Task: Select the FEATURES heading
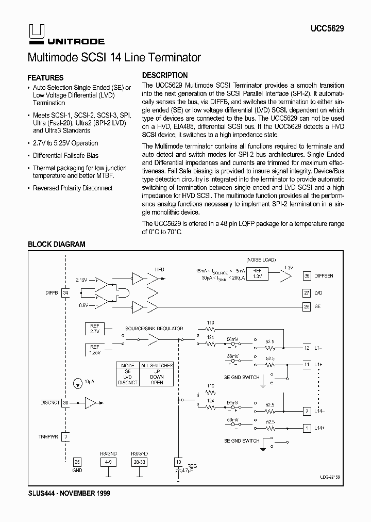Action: (45, 78)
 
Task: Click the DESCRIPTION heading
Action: (165, 75)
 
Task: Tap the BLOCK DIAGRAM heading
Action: (56, 244)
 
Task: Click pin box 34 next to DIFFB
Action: (65, 293)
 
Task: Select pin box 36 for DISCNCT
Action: (65, 402)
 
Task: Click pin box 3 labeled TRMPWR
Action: (65, 436)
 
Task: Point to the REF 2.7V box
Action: (95, 329)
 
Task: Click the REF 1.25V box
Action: (95, 350)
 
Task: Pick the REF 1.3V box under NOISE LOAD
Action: (257, 273)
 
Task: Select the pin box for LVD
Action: (307, 292)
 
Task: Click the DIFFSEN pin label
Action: (324, 276)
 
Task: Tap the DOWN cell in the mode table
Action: (157, 377)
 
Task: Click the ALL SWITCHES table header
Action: (157, 365)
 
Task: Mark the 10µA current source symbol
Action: (77, 383)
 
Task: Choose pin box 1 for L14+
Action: (307, 428)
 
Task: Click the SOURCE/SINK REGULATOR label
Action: (147, 329)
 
